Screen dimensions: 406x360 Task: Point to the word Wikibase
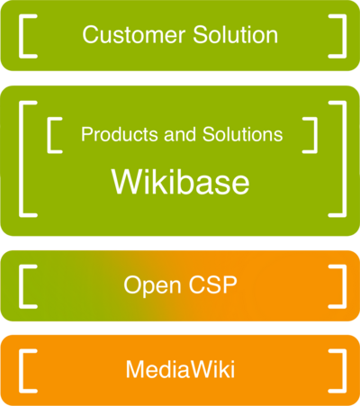tap(180, 182)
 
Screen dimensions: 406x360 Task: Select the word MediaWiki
tap(180, 369)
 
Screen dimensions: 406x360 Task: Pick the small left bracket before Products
tap(50, 134)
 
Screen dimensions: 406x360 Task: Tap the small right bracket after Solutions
tap(313, 134)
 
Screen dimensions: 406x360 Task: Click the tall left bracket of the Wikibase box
tap(24, 159)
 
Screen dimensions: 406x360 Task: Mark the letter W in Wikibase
tap(127, 182)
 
